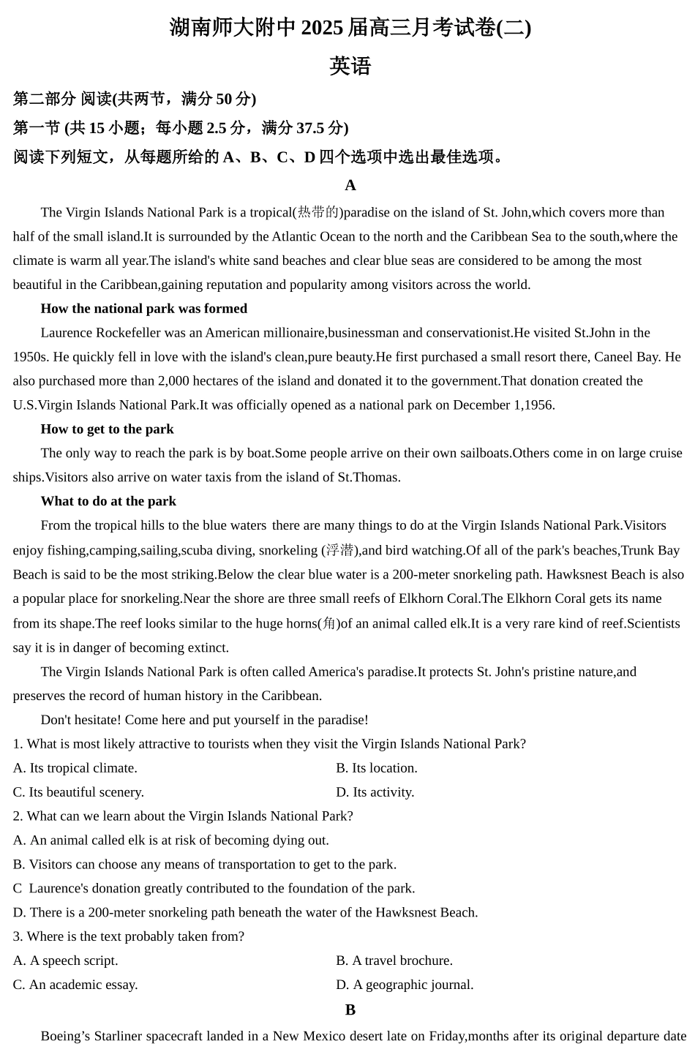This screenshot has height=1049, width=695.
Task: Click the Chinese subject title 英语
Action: pyautogui.click(x=350, y=67)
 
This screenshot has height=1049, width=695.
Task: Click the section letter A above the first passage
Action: pyautogui.click(x=350, y=185)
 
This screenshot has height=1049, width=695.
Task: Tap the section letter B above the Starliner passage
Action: pyautogui.click(x=350, y=1009)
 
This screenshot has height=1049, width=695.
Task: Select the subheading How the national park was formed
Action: pyautogui.click(x=144, y=309)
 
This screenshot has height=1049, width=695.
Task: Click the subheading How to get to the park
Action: pyautogui.click(x=108, y=429)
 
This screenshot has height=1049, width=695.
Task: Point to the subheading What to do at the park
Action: pyautogui.click(x=108, y=501)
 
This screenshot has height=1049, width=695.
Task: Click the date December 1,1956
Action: pyautogui.click(x=504, y=405)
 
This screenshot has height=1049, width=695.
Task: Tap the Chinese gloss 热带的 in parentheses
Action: pyautogui.click(x=318, y=212)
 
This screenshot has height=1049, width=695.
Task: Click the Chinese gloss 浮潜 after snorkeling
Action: pyautogui.click(x=339, y=550)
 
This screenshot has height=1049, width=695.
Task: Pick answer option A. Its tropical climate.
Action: pyautogui.click(x=75, y=768)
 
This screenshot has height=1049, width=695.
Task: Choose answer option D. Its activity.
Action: pyautogui.click(x=375, y=792)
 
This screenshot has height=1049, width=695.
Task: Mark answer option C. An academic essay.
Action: pyautogui.click(x=75, y=985)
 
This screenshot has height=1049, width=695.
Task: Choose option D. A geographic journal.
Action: pyautogui.click(x=405, y=985)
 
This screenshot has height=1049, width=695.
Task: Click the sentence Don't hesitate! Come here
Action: pyautogui.click(x=205, y=720)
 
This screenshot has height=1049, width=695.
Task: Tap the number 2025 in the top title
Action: pyautogui.click(x=322, y=28)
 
